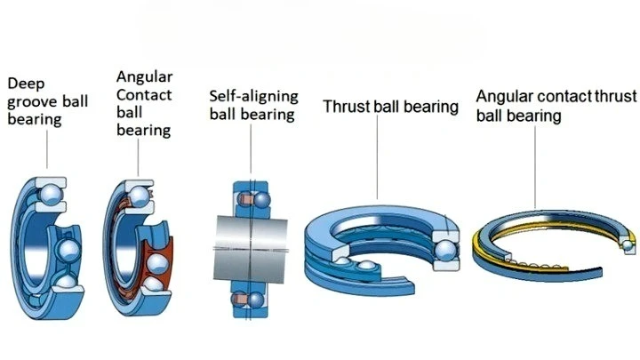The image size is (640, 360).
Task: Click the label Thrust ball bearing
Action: (390, 108)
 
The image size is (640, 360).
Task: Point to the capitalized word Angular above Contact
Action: (144, 76)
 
